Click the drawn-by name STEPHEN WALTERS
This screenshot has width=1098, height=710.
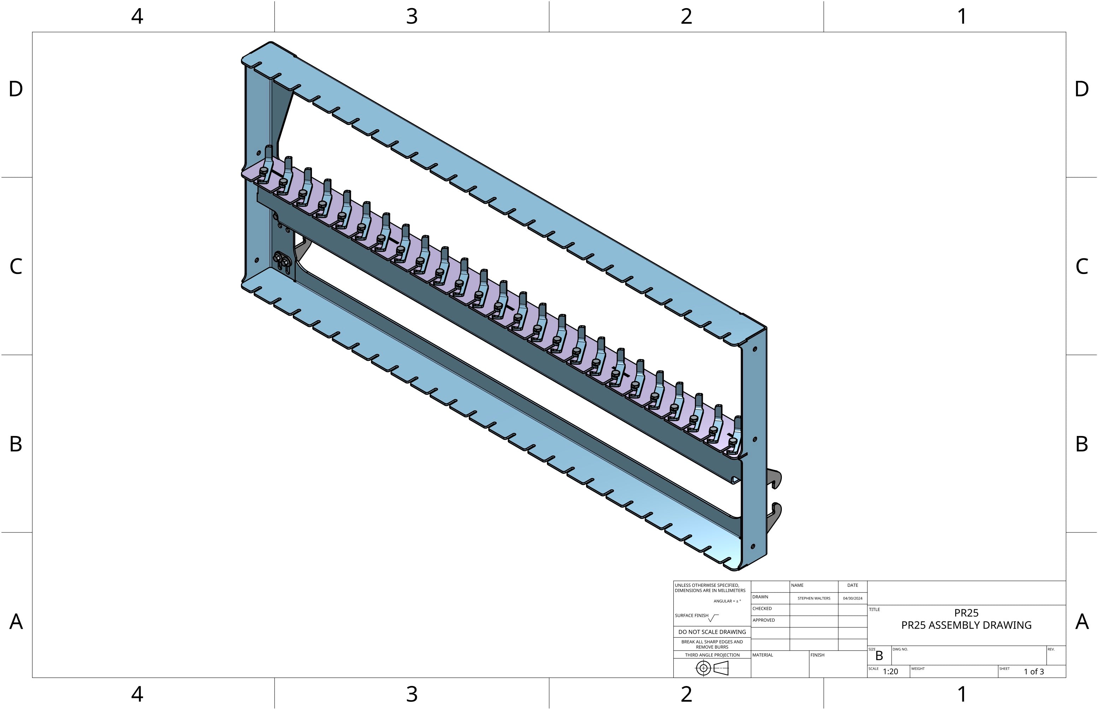[814, 598]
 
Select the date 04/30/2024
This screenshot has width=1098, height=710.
[852, 598]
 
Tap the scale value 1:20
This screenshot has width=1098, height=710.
[890, 672]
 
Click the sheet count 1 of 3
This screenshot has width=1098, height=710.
[1034, 672]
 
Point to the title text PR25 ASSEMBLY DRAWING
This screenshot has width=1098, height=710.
[967, 625]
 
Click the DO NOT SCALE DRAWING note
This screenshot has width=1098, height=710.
[712, 632]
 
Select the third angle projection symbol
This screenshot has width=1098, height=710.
[712, 668]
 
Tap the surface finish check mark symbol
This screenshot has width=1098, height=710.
[713, 618]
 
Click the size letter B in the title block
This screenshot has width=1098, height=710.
[879, 656]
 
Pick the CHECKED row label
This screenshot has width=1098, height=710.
[762, 609]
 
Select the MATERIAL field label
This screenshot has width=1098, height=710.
[763, 655]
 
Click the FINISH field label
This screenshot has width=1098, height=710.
[817, 655]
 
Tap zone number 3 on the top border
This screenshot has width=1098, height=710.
[412, 17]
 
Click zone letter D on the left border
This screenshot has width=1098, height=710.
[16, 89]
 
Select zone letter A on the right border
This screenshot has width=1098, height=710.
[1081, 622]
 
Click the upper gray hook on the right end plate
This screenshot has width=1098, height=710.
[775, 478]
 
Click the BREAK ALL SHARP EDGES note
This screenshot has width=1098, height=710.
[712, 644]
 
